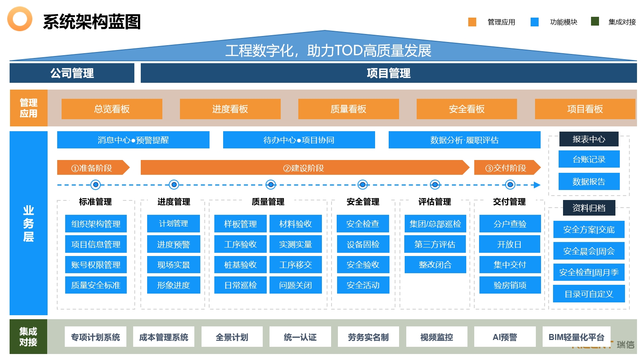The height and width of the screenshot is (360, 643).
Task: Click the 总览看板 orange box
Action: pos(112,109)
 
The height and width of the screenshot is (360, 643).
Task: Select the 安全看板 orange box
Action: pos(467,109)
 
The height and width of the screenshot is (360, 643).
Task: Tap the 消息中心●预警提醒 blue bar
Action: pos(133,140)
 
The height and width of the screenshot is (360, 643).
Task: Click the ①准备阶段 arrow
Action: pos(93,167)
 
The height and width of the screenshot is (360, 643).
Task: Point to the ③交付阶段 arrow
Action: pos(507,167)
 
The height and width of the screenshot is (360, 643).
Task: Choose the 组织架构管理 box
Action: pos(96,224)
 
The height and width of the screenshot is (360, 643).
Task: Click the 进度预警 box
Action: pos(174,244)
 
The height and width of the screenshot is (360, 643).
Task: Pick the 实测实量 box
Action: pos(296,244)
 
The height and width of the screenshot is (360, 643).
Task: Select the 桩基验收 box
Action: pos(240,264)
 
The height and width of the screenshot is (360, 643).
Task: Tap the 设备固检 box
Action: pos(363,244)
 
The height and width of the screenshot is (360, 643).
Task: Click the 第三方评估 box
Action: pos(435,244)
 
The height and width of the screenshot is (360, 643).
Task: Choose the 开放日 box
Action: pos(509,244)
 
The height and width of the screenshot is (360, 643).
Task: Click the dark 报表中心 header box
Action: pos(589,139)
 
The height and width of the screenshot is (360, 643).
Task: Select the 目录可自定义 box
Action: pos(589,294)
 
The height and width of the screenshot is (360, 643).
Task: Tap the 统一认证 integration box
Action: pos(300,337)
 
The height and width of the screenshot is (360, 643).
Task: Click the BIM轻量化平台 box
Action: pos(576,337)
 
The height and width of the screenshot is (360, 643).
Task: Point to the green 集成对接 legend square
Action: pos(595,21)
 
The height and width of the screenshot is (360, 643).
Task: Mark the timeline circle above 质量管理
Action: pos(271,184)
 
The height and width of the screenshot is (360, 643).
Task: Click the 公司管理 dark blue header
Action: pos(72,73)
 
